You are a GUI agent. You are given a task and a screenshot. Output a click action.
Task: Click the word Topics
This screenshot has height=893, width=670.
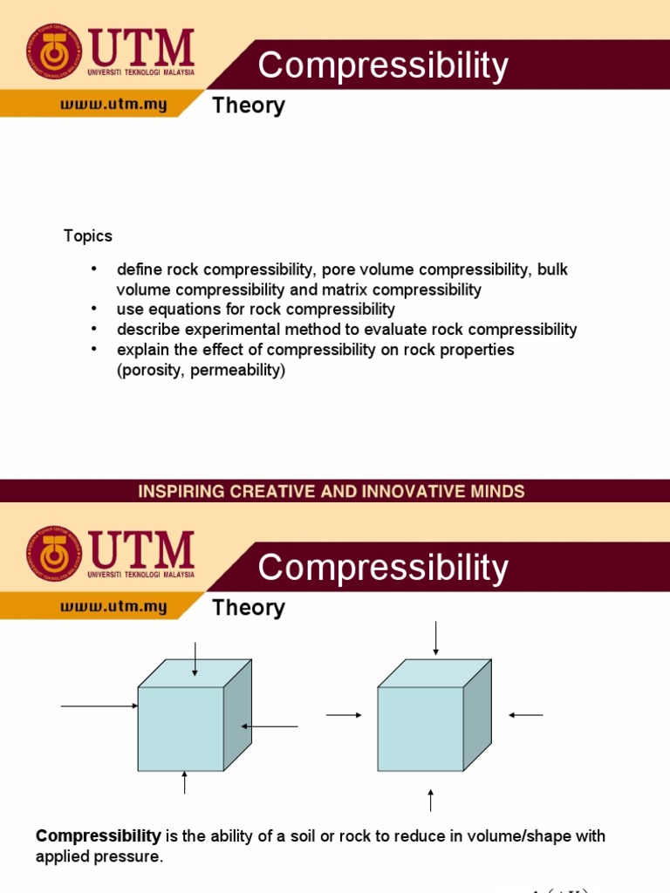88,236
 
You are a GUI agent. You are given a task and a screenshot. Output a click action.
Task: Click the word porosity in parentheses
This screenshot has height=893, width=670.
149,370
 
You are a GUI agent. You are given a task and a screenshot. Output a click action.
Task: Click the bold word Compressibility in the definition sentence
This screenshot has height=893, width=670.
99,836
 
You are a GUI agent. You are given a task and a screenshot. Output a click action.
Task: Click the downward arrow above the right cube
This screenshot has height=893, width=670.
434,637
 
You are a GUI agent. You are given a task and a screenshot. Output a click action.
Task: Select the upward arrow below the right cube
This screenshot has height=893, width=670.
431,799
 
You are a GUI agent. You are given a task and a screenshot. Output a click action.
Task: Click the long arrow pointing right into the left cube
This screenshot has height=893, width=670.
99,706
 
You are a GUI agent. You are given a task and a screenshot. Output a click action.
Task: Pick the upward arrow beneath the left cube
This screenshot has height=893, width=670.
185,782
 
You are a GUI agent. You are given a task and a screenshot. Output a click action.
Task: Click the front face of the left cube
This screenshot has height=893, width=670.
181,728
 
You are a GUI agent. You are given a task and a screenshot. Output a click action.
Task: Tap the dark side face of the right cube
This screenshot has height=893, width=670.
476,720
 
